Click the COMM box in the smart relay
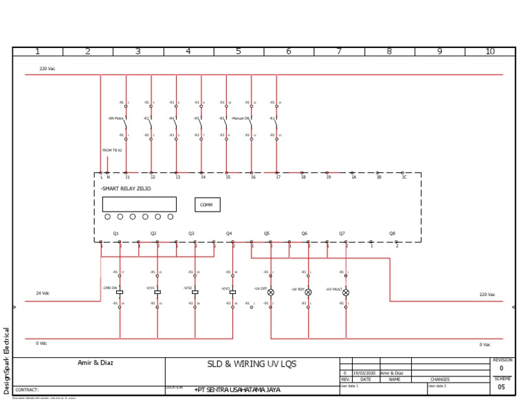pos(207,205)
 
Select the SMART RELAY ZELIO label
pos(126,188)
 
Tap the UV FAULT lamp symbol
pos(346,293)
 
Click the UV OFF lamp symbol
pos(271,293)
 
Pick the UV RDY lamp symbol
pos(308,293)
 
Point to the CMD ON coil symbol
pos(120,292)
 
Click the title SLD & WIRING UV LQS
pos(252,364)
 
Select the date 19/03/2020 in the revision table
pos(365,373)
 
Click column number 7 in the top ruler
pos(339,52)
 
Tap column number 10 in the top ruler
pos(489,52)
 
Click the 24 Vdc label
pos(43,293)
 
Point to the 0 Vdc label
pos(41,343)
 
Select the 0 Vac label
pos(485,344)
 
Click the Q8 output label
pos(393,234)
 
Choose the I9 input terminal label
pos(328,177)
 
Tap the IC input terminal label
pos(404,177)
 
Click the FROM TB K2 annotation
pos(112,150)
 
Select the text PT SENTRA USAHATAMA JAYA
pos(238,389)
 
